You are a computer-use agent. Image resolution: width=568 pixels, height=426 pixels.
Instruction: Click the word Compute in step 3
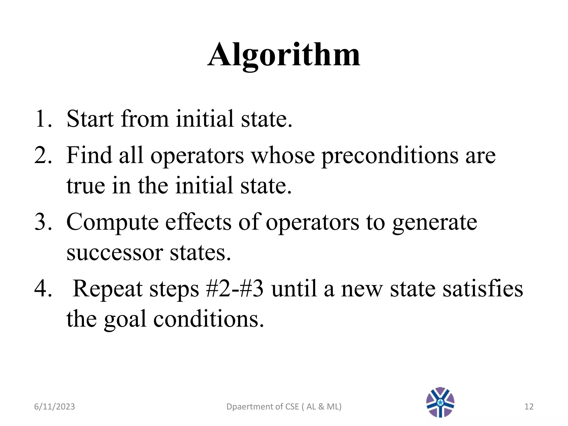coord(112,223)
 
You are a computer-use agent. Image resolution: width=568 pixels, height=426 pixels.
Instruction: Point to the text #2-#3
coord(235,288)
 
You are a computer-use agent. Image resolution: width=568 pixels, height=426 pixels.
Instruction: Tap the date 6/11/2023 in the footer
coord(54,407)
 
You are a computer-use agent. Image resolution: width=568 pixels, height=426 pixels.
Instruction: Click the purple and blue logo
coord(440,402)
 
